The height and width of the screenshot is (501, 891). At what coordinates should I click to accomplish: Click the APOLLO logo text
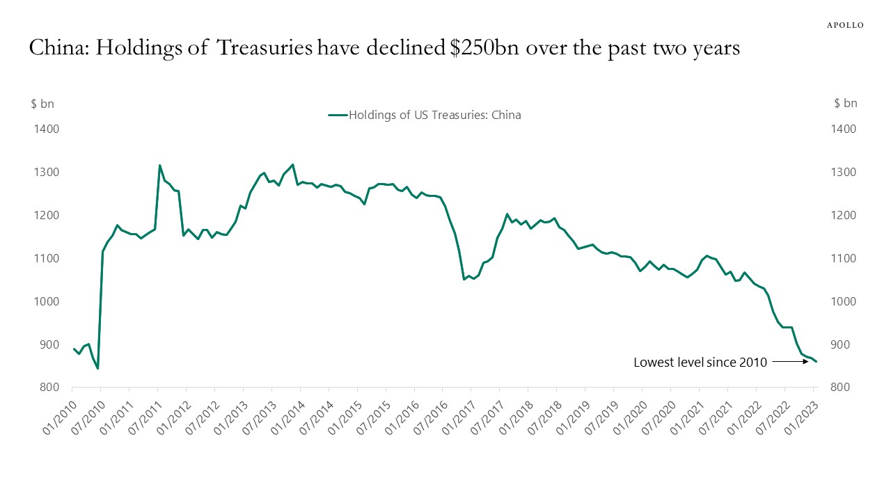[x=845, y=25]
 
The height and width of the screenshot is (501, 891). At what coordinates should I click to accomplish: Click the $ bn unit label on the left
[x=42, y=104]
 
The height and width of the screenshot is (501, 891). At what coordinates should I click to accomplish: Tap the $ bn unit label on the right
[x=846, y=104]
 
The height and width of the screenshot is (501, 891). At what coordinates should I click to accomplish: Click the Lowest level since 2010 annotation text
[x=700, y=362]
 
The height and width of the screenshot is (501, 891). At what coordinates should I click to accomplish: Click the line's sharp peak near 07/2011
[x=160, y=165]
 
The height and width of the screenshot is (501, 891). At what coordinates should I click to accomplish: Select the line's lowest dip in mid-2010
[x=97, y=368]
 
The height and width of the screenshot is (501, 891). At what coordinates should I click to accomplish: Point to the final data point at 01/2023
[x=816, y=361]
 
